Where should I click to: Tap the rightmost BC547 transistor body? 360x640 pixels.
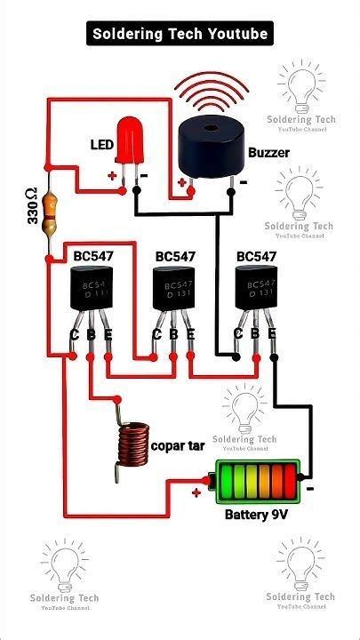(254, 290)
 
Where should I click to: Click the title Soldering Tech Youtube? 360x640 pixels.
(180, 34)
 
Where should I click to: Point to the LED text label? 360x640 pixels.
(100, 144)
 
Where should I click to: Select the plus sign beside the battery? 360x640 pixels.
(196, 492)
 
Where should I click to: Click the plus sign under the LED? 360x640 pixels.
(112, 176)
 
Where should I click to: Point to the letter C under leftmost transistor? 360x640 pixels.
(75, 335)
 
